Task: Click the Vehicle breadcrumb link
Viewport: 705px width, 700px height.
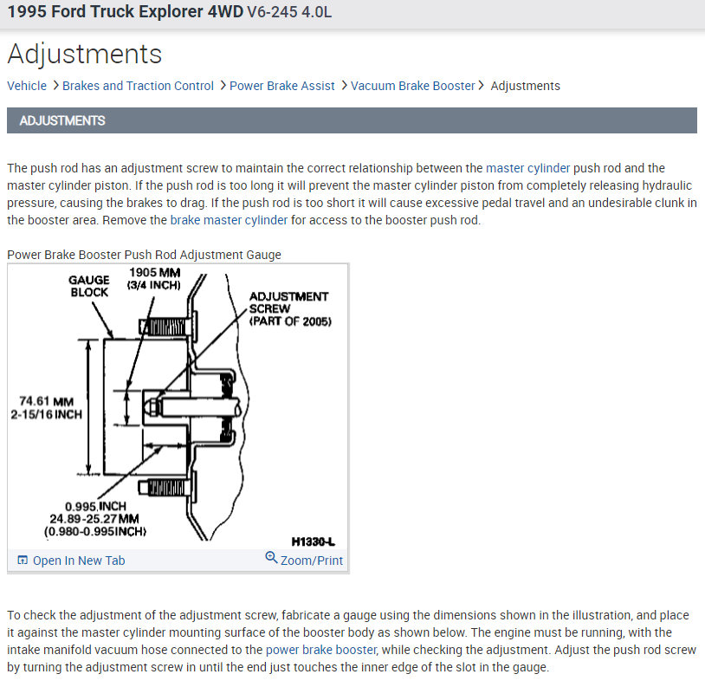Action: tap(27, 86)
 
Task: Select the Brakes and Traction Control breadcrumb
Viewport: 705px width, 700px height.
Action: tap(138, 86)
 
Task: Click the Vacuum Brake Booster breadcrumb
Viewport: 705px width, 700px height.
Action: tap(412, 86)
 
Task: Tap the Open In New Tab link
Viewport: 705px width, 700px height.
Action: tap(78, 561)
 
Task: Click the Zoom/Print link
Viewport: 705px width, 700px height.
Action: tap(311, 561)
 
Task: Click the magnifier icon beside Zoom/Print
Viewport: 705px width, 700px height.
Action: tap(271, 559)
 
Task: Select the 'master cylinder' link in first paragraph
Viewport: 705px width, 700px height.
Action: tap(527, 168)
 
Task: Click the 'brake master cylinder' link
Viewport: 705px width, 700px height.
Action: tap(229, 220)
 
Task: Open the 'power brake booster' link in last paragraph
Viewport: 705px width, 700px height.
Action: tap(320, 650)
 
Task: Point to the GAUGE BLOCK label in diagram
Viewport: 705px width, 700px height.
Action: tap(89, 286)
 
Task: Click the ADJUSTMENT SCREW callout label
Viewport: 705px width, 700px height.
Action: tap(288, 308)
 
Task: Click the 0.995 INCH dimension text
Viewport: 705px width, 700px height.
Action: tap(95, 506)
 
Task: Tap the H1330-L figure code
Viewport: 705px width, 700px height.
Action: tap(314, 541)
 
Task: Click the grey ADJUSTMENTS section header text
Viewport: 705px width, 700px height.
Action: tap(62, 120)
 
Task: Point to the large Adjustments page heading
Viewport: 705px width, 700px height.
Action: tap(84, 54)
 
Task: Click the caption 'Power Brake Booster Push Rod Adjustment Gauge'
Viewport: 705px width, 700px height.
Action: tap(144, 255)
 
